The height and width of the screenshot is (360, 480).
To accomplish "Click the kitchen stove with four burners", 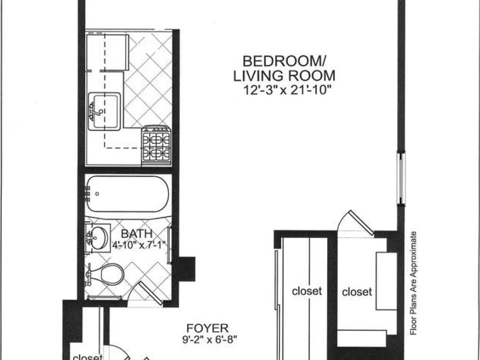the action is pyautogui.click(x=156, y=145).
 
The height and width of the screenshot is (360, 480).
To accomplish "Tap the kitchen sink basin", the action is pyautogui.click(x=104, y=111).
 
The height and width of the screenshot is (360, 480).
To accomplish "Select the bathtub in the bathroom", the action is pyautogui.click(x=127, y=194).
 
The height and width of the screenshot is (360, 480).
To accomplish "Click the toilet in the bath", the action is pyautogui.click(x=106, y=274).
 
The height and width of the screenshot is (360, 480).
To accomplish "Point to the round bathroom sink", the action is pyautogui.click(x=98, y=238).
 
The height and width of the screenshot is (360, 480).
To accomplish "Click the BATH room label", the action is pyautogui.click(x=136, y=233).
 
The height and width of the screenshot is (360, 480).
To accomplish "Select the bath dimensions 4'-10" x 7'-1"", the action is pyautogui.click(x=138, y=245).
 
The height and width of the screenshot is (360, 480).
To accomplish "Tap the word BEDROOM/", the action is pyautogui.click(x=284, y=61).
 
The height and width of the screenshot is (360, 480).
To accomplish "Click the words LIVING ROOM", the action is pyautogui.click(x=284, y=76).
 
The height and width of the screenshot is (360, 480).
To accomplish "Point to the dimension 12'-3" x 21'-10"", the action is pyautogui.click(x=287, y=90).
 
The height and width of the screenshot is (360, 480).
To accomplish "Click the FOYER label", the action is pyautogui.click(x=207, y=328).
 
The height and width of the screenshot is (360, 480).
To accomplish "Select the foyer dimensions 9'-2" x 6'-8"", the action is pyautogui.click(x=209, y=339).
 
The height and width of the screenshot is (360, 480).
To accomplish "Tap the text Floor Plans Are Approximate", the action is pyautogui.click(x=413, y=283).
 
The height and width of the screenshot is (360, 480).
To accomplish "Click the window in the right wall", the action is pyautogui.click(x=401, y=178).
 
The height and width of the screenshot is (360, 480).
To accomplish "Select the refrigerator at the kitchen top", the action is pyautogui.click(x=107, y=52).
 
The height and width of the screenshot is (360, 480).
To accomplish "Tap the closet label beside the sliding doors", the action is pyautogui.click(x=306, y=291).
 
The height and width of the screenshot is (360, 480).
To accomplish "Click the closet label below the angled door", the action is pyautogui.click(x=357, y=291).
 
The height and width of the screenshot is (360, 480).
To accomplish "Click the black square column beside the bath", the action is pyautogui.click(x=186, y=269).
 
